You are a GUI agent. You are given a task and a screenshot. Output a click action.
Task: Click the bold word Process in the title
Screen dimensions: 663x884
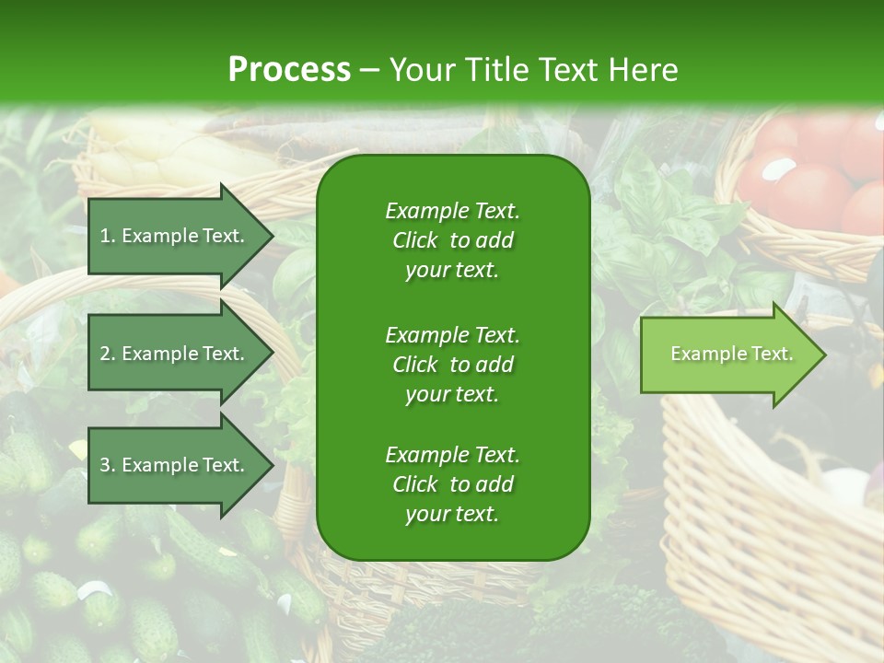(x=289, y=70)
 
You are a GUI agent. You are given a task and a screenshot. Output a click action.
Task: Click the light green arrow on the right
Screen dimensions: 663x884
(x=727, y=355)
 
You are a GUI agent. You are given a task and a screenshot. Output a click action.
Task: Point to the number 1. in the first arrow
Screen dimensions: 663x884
(x=108, y=236)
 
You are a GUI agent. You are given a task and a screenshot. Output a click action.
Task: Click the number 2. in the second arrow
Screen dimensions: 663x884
(x=108, y=354)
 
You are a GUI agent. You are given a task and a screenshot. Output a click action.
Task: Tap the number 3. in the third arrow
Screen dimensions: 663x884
(x=108, y=465)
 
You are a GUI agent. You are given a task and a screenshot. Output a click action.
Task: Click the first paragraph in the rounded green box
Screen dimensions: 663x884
(x=452, y=240)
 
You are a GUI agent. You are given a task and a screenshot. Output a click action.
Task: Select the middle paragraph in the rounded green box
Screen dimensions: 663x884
(x=452, y=364)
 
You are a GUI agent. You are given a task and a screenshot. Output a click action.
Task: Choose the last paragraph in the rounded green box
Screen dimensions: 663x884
(x=452, y=484)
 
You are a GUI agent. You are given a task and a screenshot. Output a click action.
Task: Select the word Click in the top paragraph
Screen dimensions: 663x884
(x=414, y=240)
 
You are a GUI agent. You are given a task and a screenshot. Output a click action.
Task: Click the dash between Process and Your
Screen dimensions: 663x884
(x=369, y=70)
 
